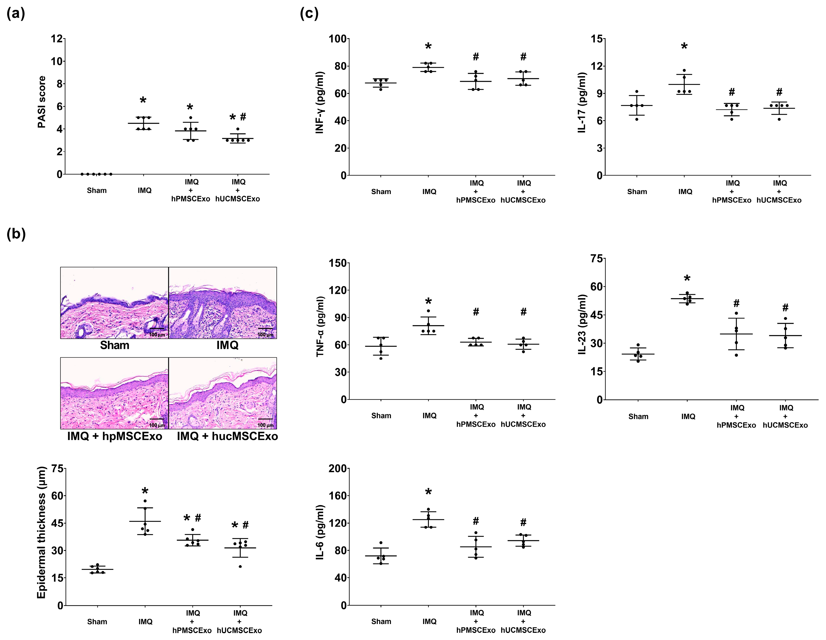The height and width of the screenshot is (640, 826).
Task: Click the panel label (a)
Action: coord(16,14)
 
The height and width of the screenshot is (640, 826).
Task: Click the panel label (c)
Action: coord(309,14)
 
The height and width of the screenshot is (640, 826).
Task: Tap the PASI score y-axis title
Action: coord(42,102)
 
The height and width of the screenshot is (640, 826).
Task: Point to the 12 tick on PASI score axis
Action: coord(57,38)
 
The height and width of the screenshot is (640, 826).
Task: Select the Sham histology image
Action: coord(114,302)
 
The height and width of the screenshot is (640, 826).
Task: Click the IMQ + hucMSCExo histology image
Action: coord(223,393)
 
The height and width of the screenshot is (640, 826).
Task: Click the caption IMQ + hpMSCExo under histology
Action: coord(115,436)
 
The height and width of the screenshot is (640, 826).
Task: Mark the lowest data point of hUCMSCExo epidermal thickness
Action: coord(240,566)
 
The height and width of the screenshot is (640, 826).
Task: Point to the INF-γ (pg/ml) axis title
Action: coord(320,102)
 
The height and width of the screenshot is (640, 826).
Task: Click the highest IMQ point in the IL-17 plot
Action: coord(684,70)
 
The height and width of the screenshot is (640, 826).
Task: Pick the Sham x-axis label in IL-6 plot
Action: coord(381,621)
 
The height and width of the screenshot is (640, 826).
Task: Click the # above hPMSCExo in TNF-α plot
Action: coord(476,312)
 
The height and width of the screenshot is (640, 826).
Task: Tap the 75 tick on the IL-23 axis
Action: coord(596,259)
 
